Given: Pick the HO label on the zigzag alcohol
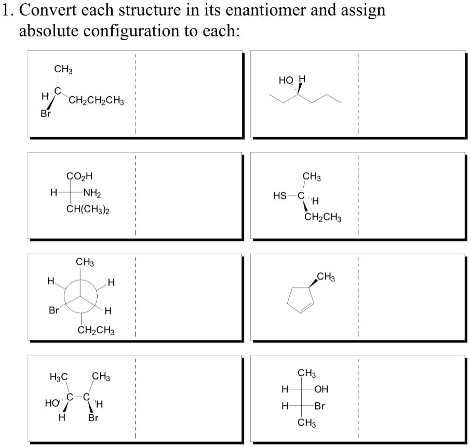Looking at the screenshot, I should tap(286, 81).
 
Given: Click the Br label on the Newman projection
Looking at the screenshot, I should tap(53, 310).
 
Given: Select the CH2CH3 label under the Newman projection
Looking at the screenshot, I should tap(96, 330).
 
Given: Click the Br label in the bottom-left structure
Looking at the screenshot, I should tap(93, 417).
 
